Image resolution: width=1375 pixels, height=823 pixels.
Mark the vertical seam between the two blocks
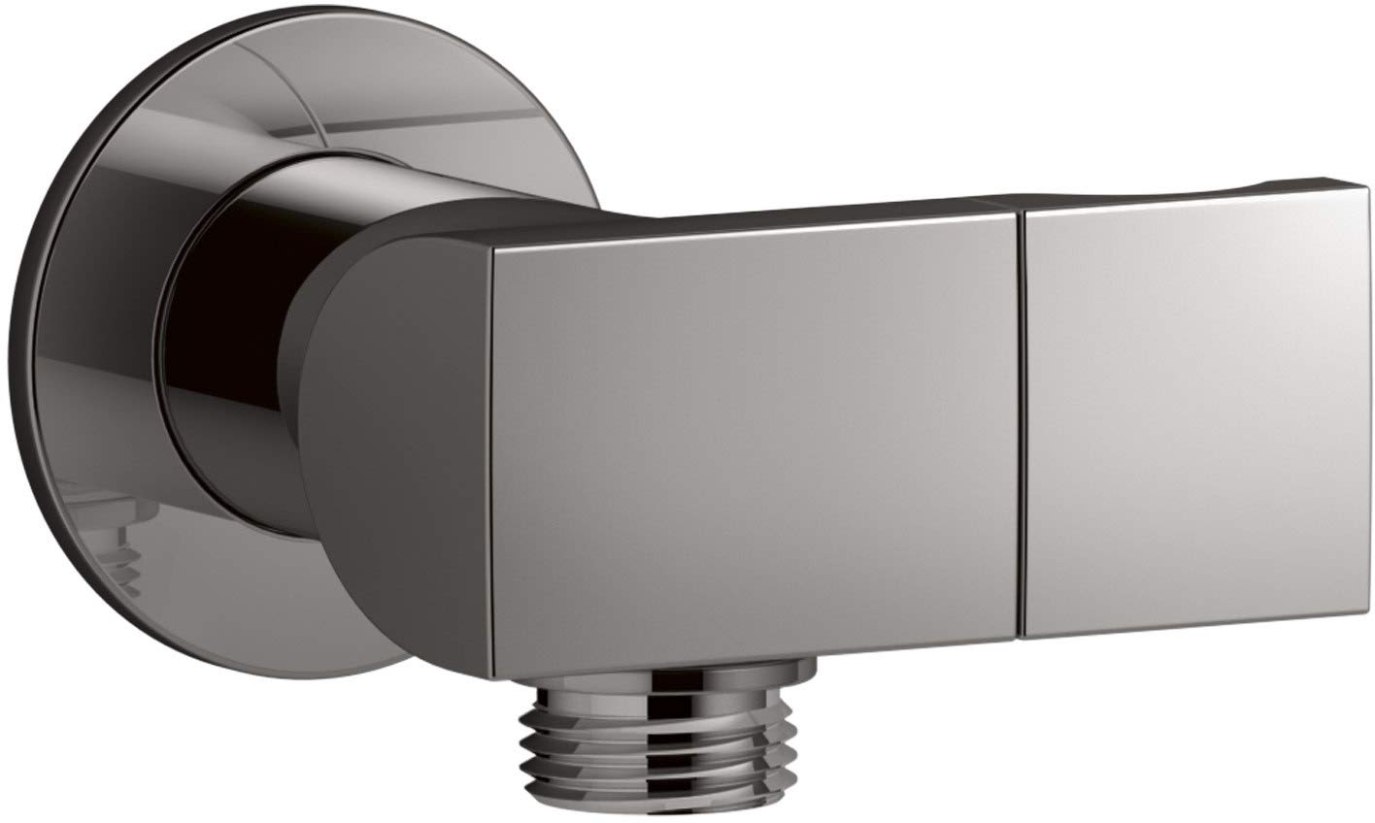1023,427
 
